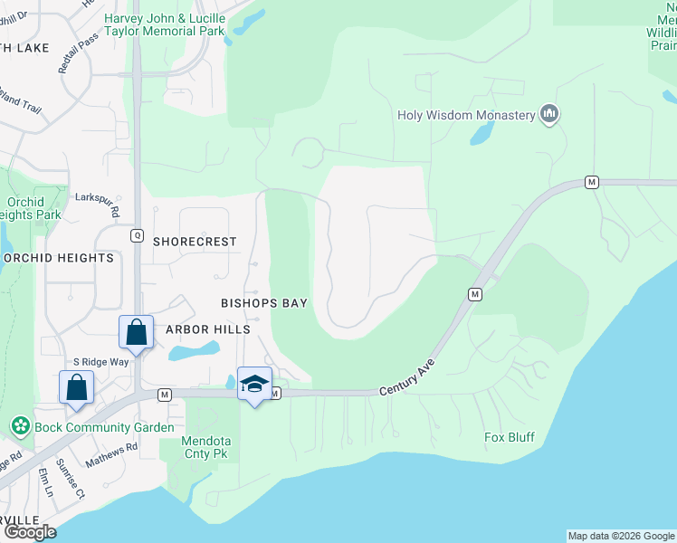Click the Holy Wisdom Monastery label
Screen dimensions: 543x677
[x=467, y=115]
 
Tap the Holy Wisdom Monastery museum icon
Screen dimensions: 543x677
[x=548, y=115]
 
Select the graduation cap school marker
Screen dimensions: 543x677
[x=255, y=385]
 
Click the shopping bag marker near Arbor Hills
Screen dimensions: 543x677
[x=136, y=332]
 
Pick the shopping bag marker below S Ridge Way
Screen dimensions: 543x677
[x=77, y=386]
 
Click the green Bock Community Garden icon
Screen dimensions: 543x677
[x=20, y=425]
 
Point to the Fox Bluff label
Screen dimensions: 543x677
[x=510, y=438]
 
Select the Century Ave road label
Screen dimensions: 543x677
[x=407, y=374]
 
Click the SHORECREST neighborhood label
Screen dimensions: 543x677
[x=195, y=242]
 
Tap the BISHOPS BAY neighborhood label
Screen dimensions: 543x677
[x=264, y=303]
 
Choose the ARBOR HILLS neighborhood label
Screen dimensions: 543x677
[x=207, y=329]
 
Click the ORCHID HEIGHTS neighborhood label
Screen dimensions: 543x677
[x=60, y=258]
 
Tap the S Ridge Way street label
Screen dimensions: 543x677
[x=100, y=361]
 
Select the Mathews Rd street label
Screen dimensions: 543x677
[x=111, y=454]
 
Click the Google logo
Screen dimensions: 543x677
[x=30, y=532]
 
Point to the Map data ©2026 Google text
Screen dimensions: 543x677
[x=621, y=536]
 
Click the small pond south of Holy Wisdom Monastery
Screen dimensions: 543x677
[x=481, y=135]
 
